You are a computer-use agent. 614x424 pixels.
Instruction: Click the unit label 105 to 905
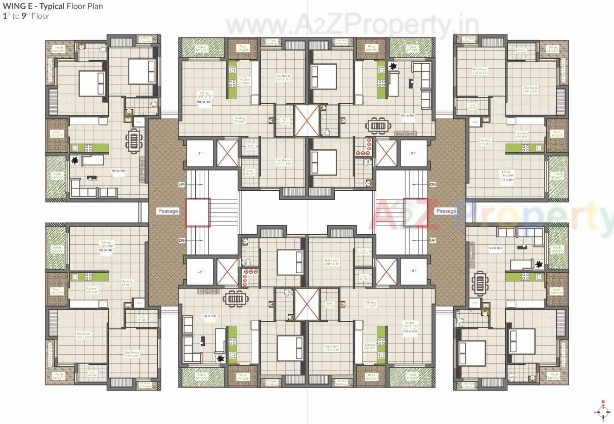coord(205,102)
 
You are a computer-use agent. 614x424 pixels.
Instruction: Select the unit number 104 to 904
coord(407,115)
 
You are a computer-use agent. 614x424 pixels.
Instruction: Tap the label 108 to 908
coord(119,171)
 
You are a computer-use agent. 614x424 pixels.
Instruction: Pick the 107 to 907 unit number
coord(106,250)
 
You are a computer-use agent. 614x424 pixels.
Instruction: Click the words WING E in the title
coord(16,7)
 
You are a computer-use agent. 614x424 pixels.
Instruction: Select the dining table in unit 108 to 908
coord(134,140)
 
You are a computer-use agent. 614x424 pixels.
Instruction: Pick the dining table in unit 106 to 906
coord(235,299)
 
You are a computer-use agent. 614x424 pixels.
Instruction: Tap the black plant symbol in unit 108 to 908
coord(75,161)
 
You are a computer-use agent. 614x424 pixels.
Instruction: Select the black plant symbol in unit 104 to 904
coord(393,66)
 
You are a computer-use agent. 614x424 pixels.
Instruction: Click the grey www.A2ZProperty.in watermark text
coord(352,24)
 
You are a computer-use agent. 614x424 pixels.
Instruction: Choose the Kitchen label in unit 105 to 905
coord(244,81)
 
